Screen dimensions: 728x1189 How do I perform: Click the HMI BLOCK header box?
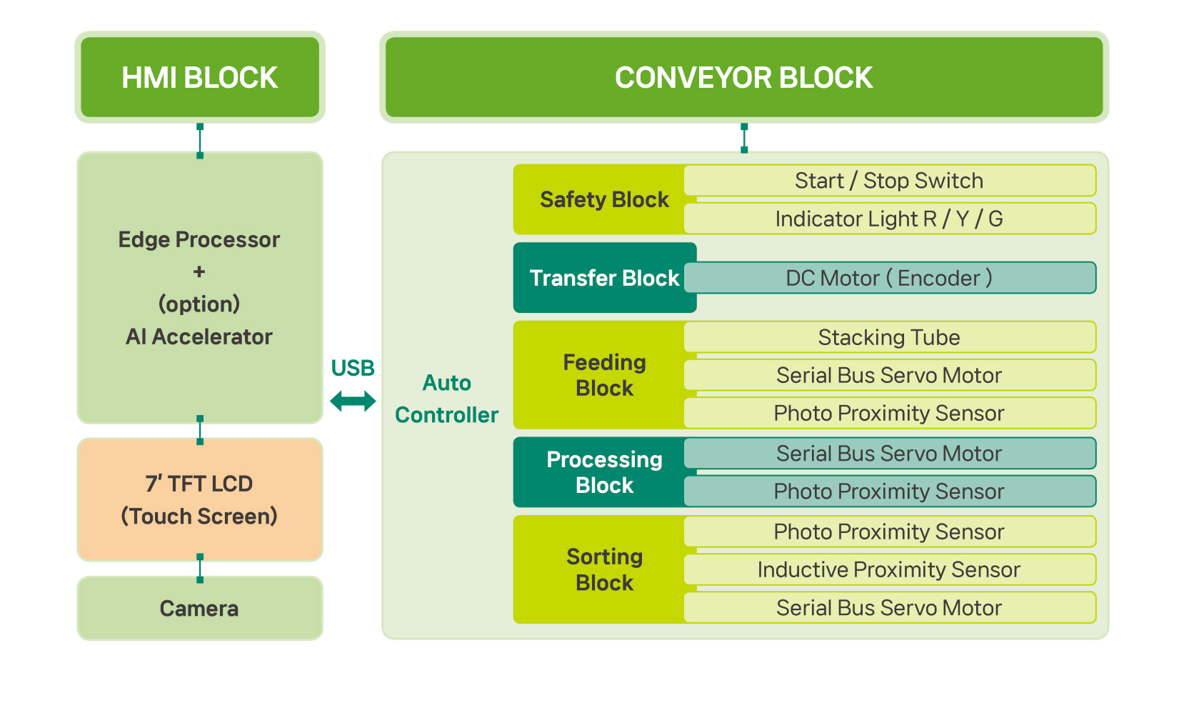tap(199, 77)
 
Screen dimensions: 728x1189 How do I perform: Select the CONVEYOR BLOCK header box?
tap(743, 77)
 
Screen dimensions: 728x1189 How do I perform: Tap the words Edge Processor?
tap(199, 239)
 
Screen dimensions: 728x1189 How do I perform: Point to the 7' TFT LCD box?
tap(199, 499)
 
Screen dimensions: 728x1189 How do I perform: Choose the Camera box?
tap(199, 609)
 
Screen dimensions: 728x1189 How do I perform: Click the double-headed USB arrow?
tap(353, 401)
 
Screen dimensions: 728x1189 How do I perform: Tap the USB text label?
tap(353, 368)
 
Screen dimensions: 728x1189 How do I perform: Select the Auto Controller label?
tap(447, 399)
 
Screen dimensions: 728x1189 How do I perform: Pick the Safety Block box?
tap(603, 199)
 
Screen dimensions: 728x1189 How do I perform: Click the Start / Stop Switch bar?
tap(889, 181)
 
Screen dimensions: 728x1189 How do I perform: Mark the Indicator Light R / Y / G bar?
tap(889, 219)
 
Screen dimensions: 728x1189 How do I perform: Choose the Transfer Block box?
tap(603, 278)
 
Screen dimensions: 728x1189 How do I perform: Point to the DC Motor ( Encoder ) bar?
tap(889, 278)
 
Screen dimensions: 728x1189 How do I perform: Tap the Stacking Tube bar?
tap(889, 337)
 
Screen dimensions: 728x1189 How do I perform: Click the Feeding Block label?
tap(604, 375)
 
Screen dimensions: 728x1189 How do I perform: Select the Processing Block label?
tap(604, 472)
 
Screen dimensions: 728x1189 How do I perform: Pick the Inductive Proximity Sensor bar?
tap(889, 569)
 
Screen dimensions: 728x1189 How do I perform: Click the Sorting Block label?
tap(604, 569)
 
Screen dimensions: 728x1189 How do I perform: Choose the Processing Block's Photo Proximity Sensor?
tap(889, 492)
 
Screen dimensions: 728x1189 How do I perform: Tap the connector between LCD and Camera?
tap(200, 568)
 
